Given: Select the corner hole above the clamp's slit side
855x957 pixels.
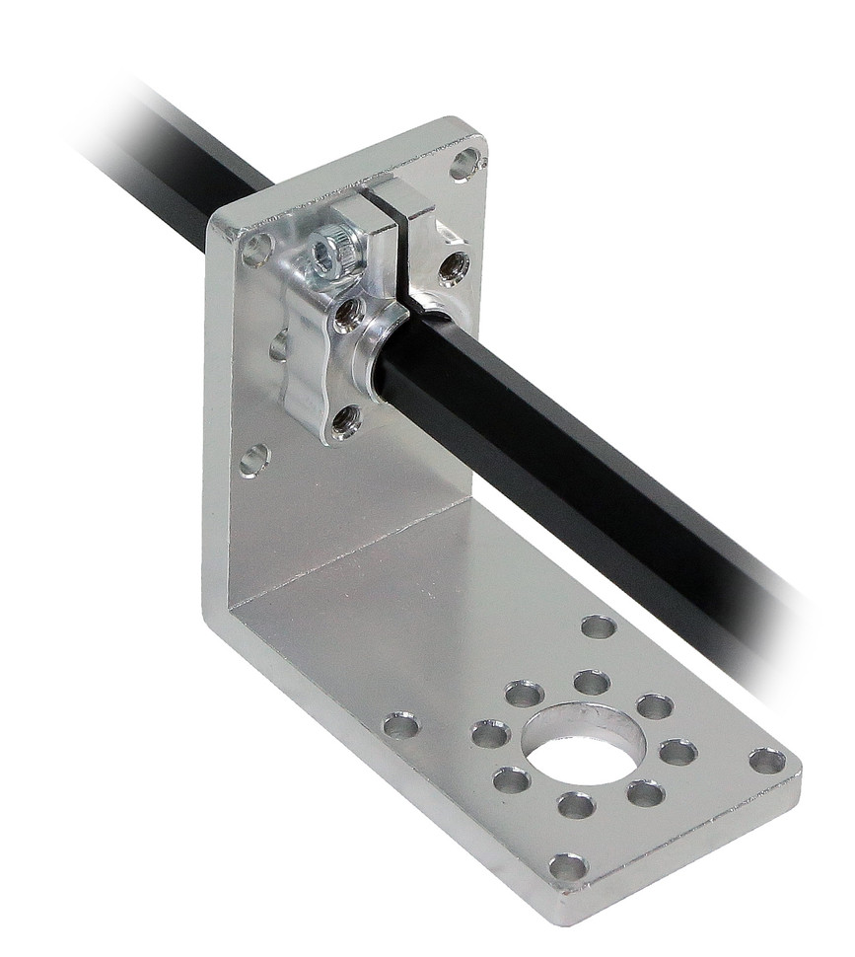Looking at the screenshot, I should (x=465, y=163).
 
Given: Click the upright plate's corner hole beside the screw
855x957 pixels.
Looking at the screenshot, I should (x=256, y=250).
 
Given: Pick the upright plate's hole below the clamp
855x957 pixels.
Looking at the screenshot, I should (x=254, y=459).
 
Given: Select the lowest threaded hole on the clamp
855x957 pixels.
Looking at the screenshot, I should (x=345, y=420).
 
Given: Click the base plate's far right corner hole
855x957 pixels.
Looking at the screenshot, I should (x=766, y=761).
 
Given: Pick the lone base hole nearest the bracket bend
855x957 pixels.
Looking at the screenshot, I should (x=401, y=727).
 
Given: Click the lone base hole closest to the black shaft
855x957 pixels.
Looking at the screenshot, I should (x=598, y=626).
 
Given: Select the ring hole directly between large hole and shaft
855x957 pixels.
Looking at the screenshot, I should (x=592, y=682).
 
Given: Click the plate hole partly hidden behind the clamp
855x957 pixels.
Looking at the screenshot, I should (x=279, y=345).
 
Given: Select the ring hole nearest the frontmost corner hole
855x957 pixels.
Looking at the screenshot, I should (x=576, y=805).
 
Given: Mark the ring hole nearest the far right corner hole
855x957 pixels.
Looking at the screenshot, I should (x=677, y=752).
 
